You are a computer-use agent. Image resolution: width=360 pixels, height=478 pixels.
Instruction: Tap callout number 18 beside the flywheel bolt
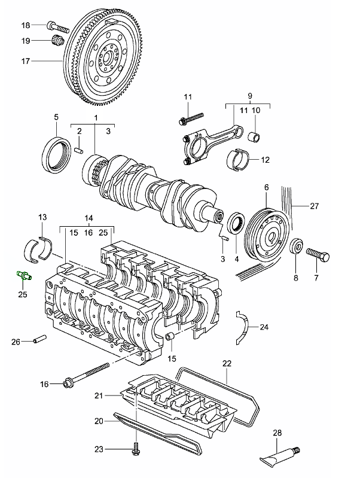(x=26, y=25)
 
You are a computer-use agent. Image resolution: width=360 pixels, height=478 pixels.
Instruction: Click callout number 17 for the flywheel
(x=26, y=61)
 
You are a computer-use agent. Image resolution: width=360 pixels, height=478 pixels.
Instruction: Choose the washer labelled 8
(x=295, y=247)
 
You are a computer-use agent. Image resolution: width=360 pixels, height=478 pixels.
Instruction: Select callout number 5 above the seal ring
(x=56, y=117)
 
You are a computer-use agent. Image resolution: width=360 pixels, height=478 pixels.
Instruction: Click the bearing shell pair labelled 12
(x=238, y=159)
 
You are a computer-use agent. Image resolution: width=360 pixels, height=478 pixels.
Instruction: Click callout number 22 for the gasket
(x=227, y=363)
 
